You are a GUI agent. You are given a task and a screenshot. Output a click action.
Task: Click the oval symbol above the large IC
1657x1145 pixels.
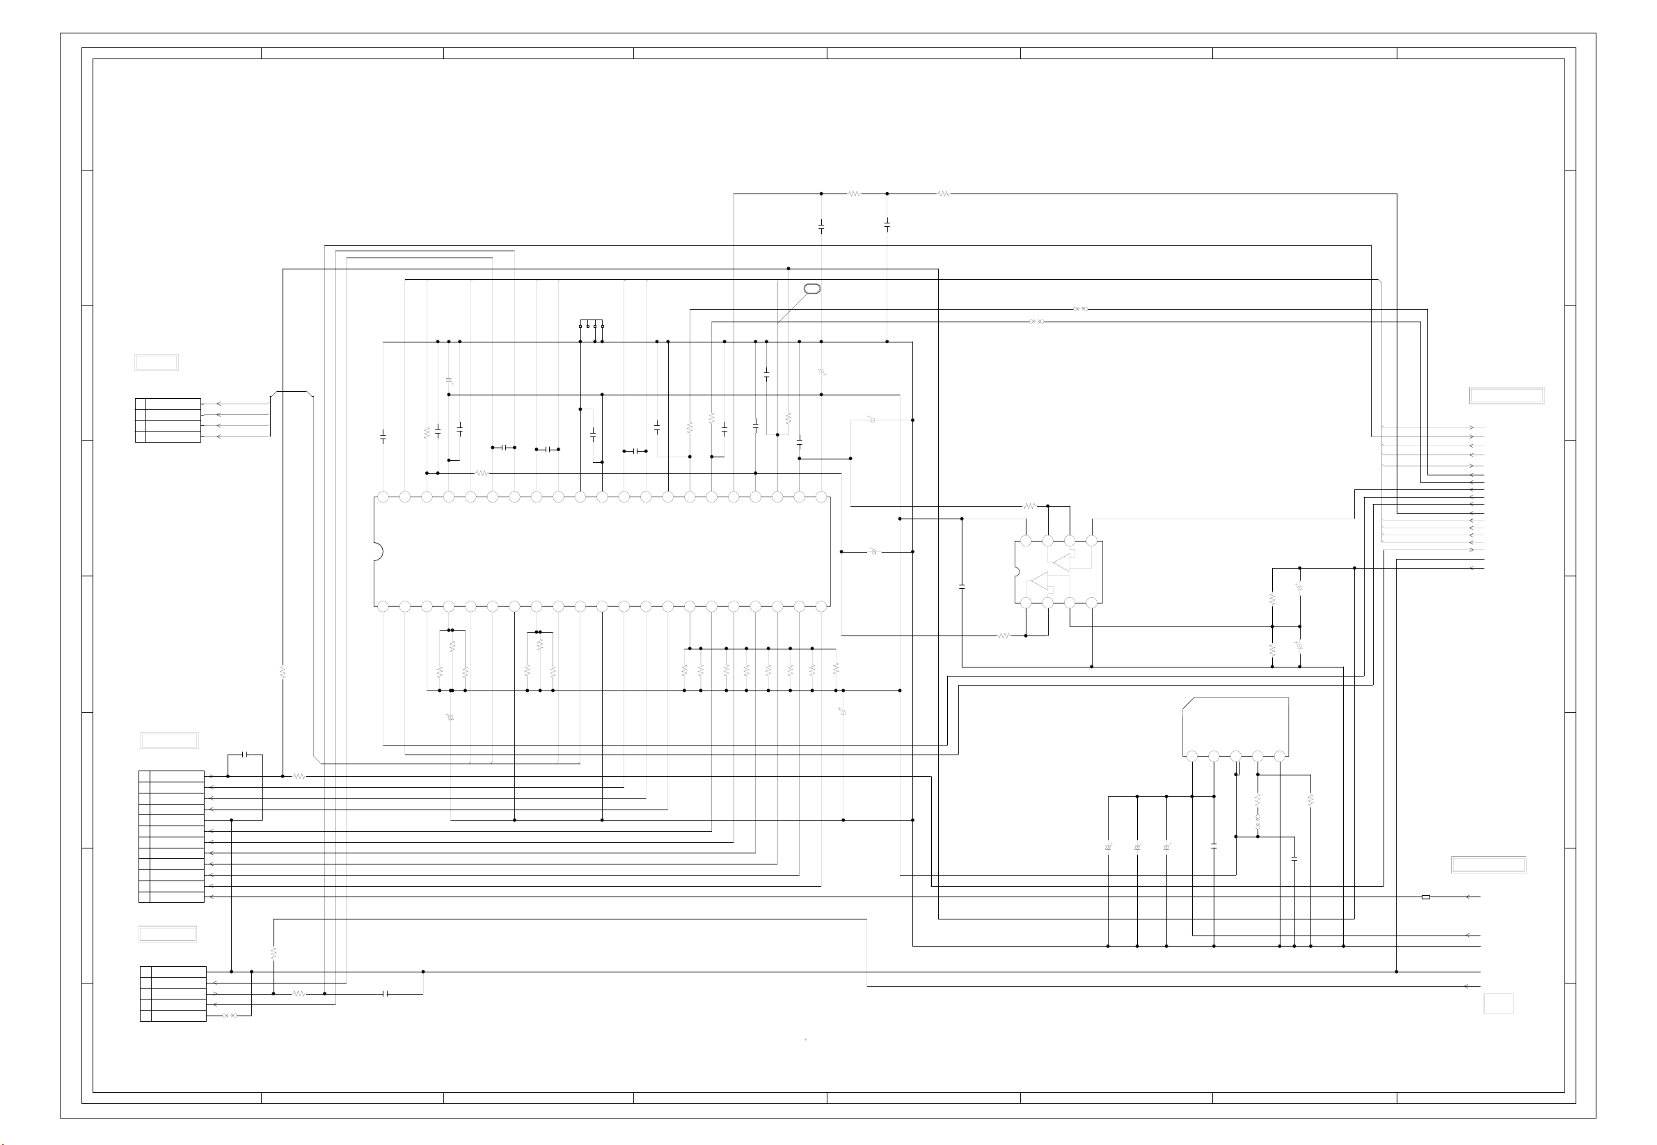coord(812,288)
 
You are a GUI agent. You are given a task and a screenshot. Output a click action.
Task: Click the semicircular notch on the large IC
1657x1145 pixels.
coord(377,551)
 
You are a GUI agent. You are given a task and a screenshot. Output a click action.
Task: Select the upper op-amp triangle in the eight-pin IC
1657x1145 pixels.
coord(1061,562)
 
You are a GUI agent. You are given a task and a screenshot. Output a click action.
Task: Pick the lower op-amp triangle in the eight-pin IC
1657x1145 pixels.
coord(1040,581)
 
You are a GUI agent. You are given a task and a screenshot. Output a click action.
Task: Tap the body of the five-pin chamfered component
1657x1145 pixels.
coord(1235,725)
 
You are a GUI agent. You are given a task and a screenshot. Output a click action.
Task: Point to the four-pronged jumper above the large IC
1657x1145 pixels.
coord(591,324)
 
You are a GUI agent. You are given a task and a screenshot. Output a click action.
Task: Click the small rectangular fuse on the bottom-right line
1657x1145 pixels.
coord(1425,897)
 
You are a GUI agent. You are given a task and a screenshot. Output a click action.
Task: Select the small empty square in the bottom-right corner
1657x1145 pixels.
coord(1498,1003)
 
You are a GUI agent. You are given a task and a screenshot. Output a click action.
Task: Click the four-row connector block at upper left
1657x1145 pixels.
coord(168,420)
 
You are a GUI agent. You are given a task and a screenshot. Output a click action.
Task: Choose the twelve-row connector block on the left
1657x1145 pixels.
coord(171,837)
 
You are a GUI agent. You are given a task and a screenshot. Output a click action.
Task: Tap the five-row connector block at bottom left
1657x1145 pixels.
coord(173,994)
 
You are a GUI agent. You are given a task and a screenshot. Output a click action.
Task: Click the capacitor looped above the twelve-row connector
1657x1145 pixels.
coord(246,755)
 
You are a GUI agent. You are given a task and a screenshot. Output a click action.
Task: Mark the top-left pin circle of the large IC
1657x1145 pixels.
coord(383,497)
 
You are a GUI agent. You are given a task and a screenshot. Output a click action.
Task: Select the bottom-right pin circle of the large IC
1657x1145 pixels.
coord(821,607)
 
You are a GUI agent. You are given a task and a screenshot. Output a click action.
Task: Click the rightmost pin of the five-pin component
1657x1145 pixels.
coord(1280,756)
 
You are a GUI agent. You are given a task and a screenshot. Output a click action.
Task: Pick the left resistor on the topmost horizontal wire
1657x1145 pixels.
coord(854,194)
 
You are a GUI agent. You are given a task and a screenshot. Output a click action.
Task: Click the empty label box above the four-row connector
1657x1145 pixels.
coord(157,363)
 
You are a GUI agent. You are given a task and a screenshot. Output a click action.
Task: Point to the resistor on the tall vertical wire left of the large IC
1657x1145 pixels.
coord(283,673)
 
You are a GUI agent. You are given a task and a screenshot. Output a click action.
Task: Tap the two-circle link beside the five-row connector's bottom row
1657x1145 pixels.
coord(230,1016)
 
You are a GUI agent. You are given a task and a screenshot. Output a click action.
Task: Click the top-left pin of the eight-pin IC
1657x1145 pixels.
coord(1026,541)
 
